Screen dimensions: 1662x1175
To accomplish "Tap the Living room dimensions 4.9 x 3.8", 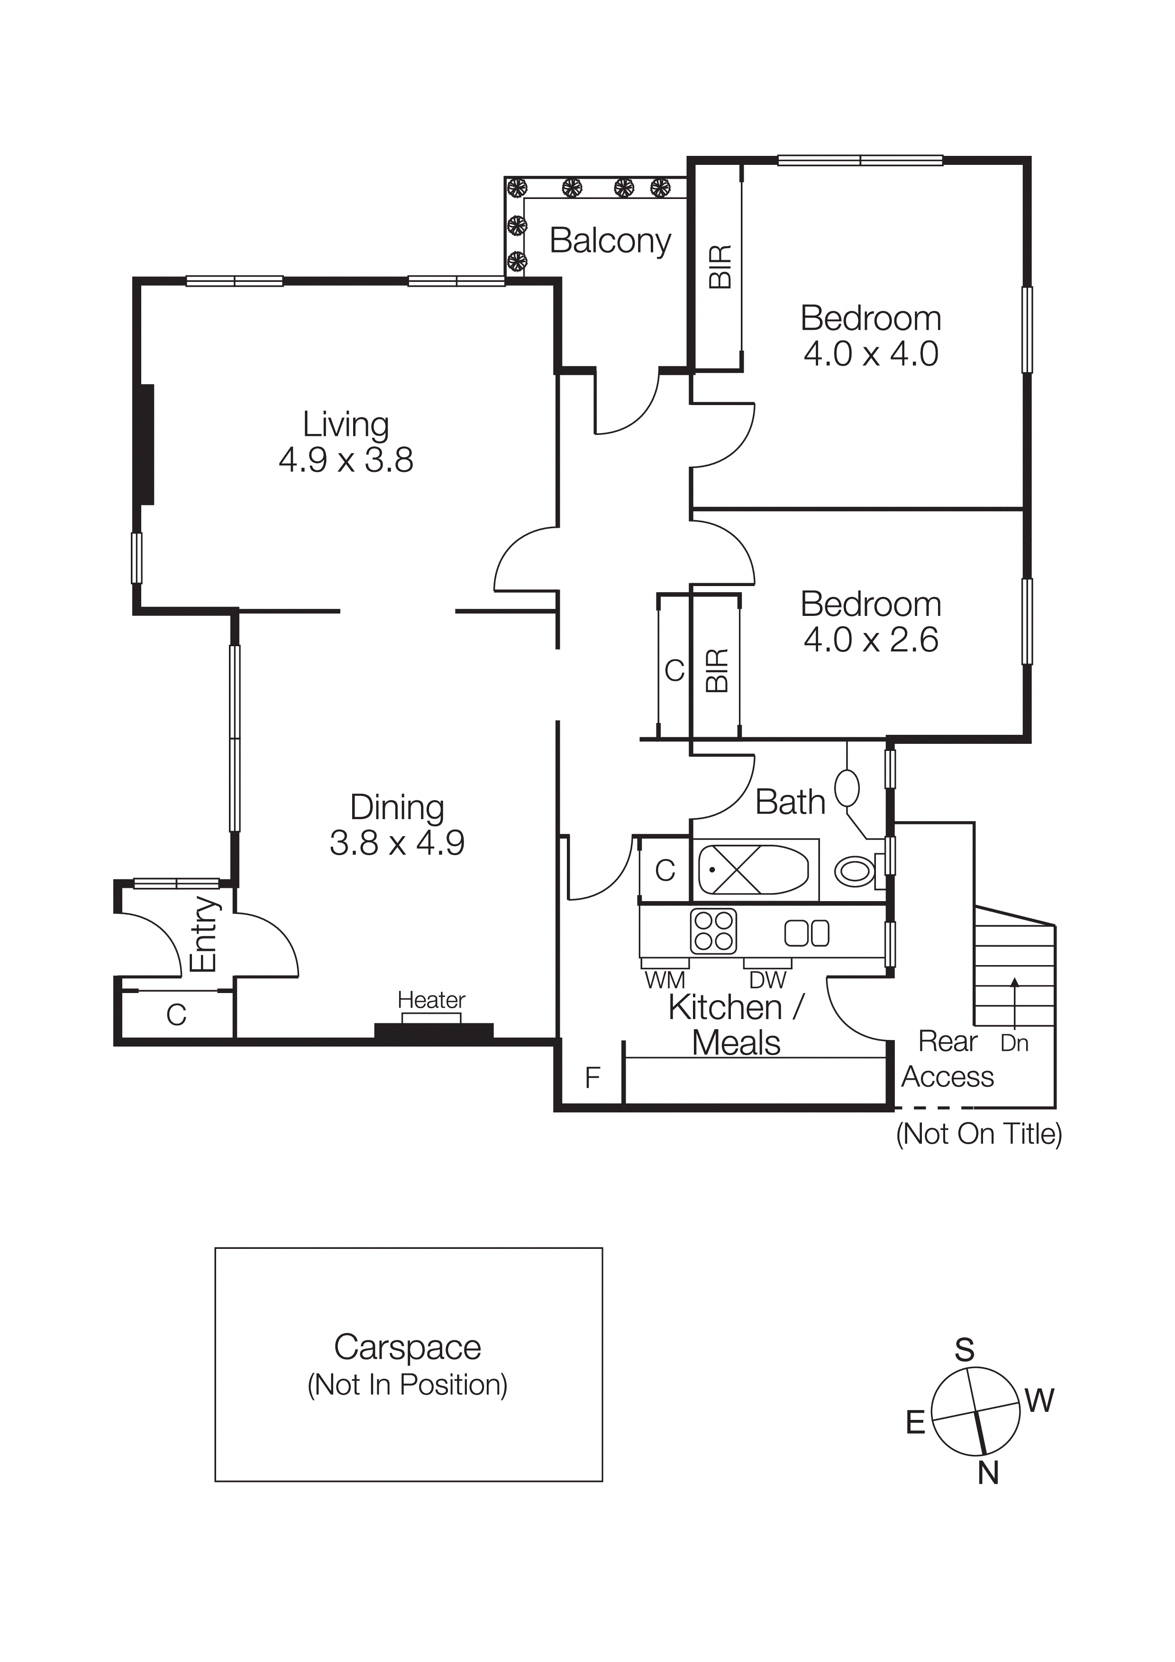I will pyautogui.click(x=346, y=461).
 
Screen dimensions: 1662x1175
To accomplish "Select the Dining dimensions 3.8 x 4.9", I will pyautogui.click(x=397, y=843).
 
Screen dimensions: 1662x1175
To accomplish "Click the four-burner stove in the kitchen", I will pyautogui.click(x=714, y=931).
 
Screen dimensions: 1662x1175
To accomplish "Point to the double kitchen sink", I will pyautogui.click(x=807, y=933).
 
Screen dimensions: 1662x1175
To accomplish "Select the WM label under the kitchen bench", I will pyautogui.click(x=665, y=980).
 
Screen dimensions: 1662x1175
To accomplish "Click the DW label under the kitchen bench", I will pyautogui.click(x=767, y=980).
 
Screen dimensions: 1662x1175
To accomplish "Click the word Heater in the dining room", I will pyautogui.click(x=431, y=1001).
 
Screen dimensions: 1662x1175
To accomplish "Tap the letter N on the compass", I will pyautogui.click(x=988, y=1473).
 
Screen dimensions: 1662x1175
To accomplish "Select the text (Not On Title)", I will pyautogui.click(x=979, y=1134).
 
